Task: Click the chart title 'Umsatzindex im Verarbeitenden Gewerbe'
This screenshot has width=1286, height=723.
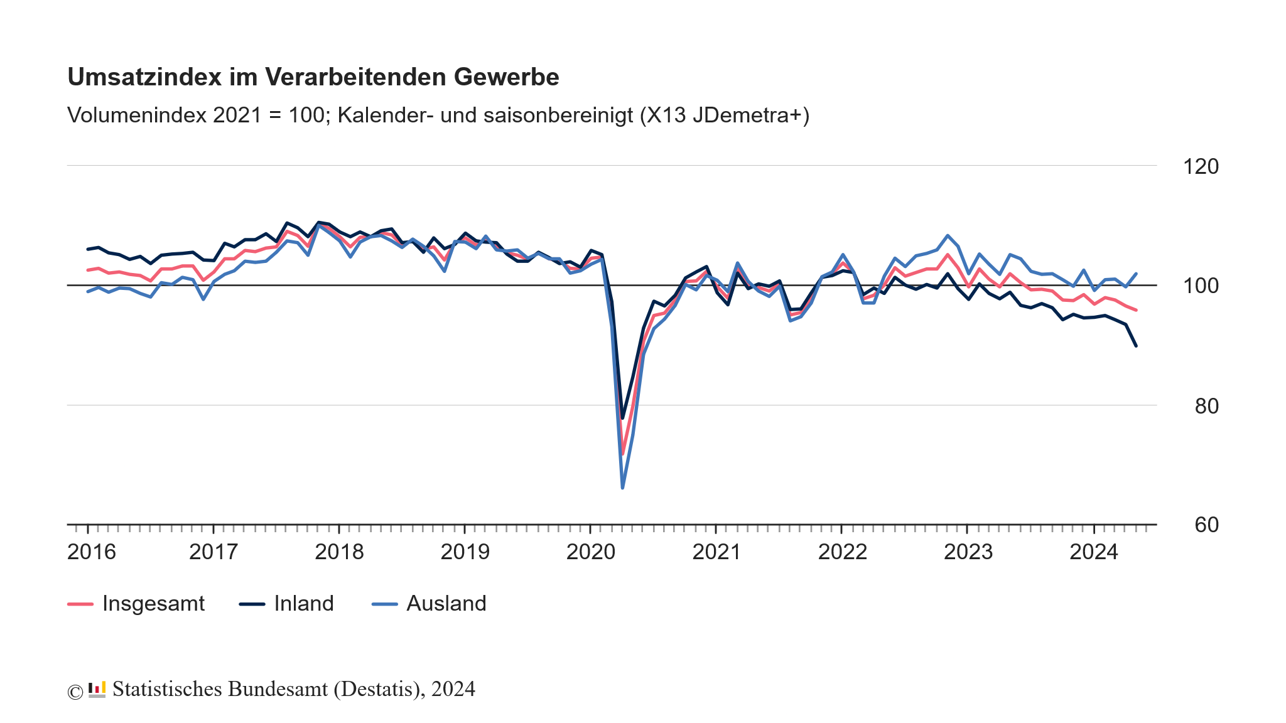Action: coord(313,77)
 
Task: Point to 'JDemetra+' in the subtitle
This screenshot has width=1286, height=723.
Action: coord(747,115)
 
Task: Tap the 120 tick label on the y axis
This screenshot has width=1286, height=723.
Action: coord(1200,167)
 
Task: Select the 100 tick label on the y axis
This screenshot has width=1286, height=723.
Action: coord(1200,286)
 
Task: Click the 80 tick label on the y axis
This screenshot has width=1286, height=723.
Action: coord(1206,406)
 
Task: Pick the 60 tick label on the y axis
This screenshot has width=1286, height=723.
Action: coord(1206,525)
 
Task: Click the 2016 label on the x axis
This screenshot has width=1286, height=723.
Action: coord(92,552)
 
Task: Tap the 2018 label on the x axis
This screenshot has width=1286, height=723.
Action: coord(339,552)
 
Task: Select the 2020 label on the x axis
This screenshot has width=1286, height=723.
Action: coord(591,552)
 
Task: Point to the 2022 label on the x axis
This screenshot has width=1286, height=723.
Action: coord(842,552)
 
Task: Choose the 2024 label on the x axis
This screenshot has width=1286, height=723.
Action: coord(1094,552)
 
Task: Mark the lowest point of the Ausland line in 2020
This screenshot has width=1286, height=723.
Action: coord(622,488)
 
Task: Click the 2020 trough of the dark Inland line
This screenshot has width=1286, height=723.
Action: coord(622,418)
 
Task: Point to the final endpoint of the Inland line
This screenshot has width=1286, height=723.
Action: coord(1136,346)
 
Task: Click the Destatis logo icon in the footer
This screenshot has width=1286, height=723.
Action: coord(97,690)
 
